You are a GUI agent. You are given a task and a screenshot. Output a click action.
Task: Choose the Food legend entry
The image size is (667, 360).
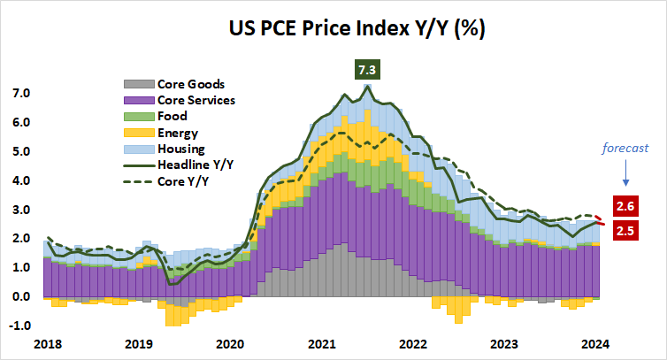(172, 116)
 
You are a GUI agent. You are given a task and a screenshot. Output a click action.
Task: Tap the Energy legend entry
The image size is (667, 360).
(178, 132)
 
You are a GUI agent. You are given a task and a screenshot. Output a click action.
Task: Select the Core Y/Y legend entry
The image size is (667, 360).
(185, 180)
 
